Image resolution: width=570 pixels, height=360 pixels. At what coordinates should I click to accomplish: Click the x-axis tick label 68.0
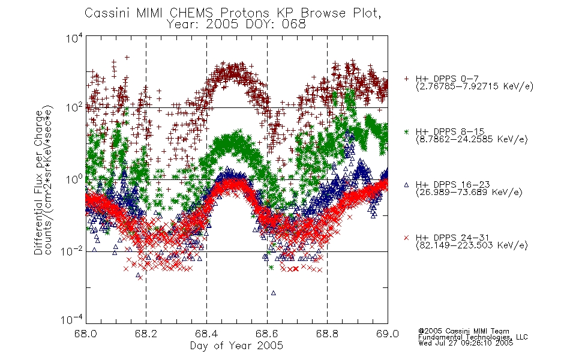pyautogui.click(x=85, y=334)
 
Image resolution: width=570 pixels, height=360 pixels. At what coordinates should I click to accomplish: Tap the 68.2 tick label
pyautogui.click(x=146, y=334)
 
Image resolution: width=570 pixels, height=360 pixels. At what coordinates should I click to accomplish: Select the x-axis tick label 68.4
pyautogui.click(x=206, y=334)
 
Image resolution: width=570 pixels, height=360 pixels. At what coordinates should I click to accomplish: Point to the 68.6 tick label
pyautogui.click(x=267, y=334)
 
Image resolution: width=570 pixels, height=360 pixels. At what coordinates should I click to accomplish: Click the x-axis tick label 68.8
pyautogui.click(x=327, y=334)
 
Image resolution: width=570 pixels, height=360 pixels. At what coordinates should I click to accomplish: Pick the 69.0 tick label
pyautogui.click(x=388, y=334)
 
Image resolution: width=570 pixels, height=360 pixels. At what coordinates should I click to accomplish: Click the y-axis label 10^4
pyautogui.click(x=74, y=38)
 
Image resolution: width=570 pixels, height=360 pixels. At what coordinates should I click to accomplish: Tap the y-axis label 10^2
pyautogui.click(x=74, y=107)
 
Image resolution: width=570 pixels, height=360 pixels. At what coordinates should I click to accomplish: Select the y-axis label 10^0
pyautogui.click(x=74, y=179)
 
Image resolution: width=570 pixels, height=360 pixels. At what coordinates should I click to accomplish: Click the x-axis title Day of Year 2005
pyautogui.click(x=236, y=346)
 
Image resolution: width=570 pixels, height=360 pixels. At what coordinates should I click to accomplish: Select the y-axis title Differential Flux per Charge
pyautogui.click(x=38, y=182)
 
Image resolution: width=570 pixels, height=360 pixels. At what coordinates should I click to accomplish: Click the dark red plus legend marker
pyautogui.click(x=406, y=79)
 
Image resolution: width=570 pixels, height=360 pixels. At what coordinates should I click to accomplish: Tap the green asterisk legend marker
pyautogui.click(x=406, y=131)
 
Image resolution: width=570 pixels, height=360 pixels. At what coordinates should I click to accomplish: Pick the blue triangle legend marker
pyautogui.click(x=406, y=185)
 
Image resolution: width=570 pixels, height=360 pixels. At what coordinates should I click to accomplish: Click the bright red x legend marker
pyautogui.click(x=406, y=238)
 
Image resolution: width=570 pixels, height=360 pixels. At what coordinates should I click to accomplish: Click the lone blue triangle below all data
pyautogui.click(x=274, y=293)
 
